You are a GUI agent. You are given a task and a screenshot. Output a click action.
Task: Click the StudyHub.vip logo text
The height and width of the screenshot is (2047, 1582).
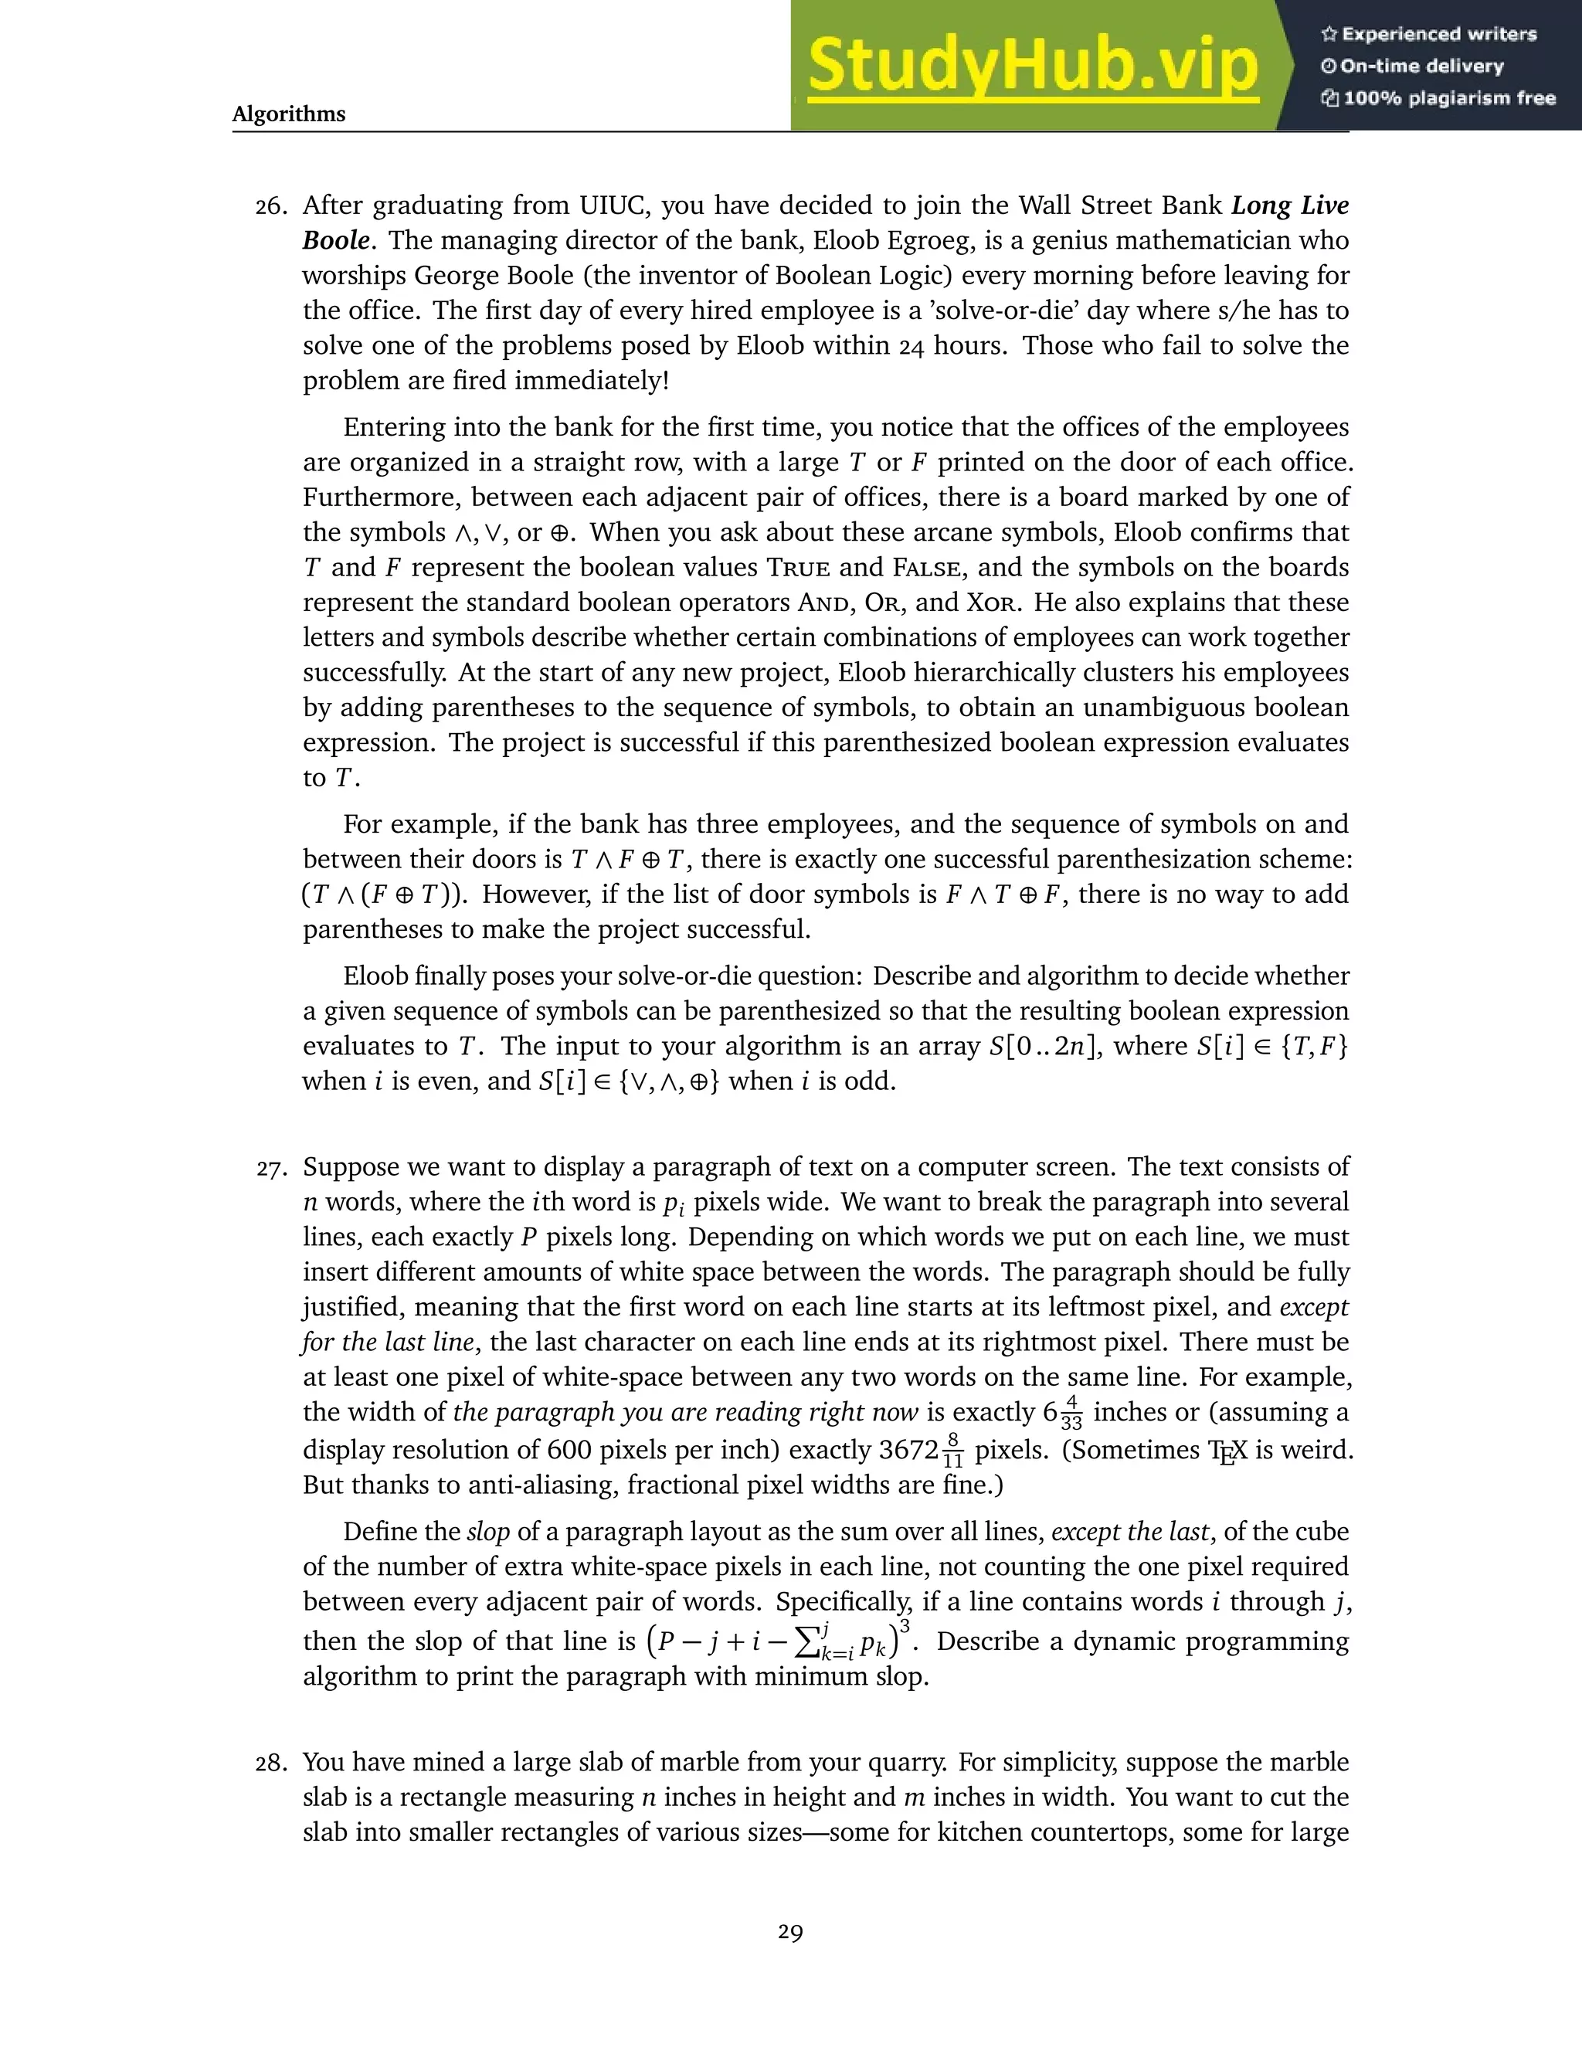(x=1032, y=66)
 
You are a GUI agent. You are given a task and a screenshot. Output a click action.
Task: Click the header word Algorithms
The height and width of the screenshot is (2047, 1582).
(x=289, y=114)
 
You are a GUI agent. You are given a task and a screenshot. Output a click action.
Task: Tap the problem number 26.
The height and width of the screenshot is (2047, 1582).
(x=271, y=206)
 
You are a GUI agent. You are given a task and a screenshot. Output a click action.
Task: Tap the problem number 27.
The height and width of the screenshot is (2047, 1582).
(x=271, y=1168)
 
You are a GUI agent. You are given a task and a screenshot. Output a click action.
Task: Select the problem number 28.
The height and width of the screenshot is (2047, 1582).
(x=271, y=1763)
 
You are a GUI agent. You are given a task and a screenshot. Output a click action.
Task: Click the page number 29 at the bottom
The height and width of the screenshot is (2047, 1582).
(x=790, y=1932)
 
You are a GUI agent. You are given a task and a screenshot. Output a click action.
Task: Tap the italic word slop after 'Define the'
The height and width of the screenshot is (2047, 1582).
(x=487, y=1533)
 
